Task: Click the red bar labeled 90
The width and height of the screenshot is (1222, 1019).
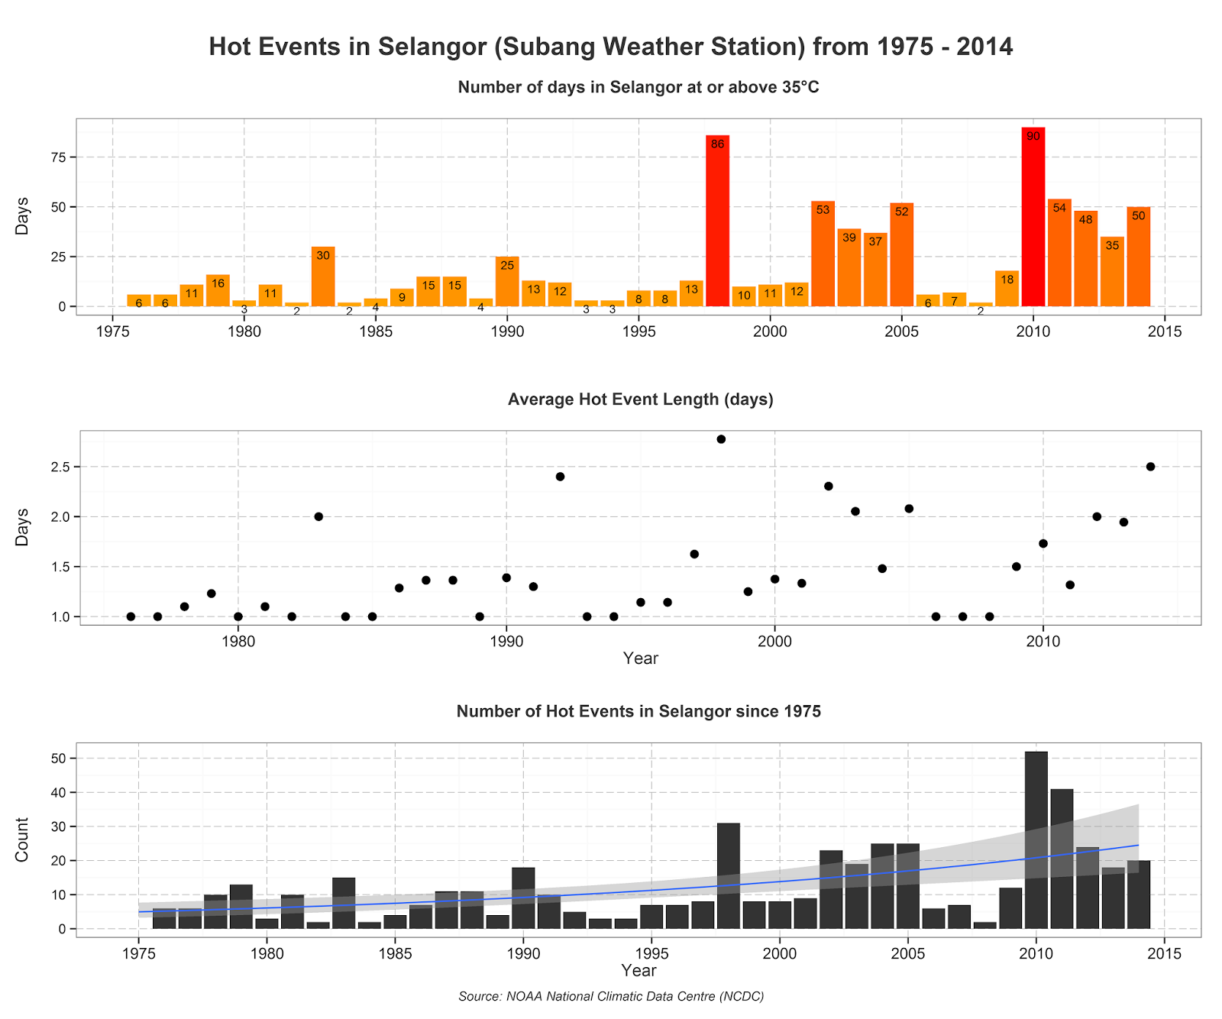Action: click(1033, 217)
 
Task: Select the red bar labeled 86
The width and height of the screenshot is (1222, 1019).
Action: click(717, 221)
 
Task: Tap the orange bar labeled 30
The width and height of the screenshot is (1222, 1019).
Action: click(323, 277)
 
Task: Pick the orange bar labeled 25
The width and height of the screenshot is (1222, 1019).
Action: click(507, 281)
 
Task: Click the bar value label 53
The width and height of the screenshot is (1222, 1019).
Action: click(823, 209)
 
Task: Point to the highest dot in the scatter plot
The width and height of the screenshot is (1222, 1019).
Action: click(721, 439)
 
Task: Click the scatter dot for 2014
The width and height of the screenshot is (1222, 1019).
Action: click(1151, 467)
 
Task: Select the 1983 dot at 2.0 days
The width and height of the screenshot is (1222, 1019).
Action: click(318, 516)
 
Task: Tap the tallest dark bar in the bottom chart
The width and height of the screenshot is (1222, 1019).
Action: click(1036, 840)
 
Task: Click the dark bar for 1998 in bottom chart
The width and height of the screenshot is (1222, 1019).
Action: click(729, 876)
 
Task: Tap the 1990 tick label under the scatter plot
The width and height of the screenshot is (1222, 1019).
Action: click(506, 641)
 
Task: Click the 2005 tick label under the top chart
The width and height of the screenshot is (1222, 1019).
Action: click(902, 332)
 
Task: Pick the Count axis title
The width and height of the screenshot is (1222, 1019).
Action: click(22, 839)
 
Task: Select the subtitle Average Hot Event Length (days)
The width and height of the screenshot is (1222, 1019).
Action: click(641, 400)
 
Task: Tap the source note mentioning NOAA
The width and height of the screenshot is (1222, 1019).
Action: click(612, 996)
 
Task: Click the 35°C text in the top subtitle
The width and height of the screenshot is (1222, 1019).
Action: click(800, 87)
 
